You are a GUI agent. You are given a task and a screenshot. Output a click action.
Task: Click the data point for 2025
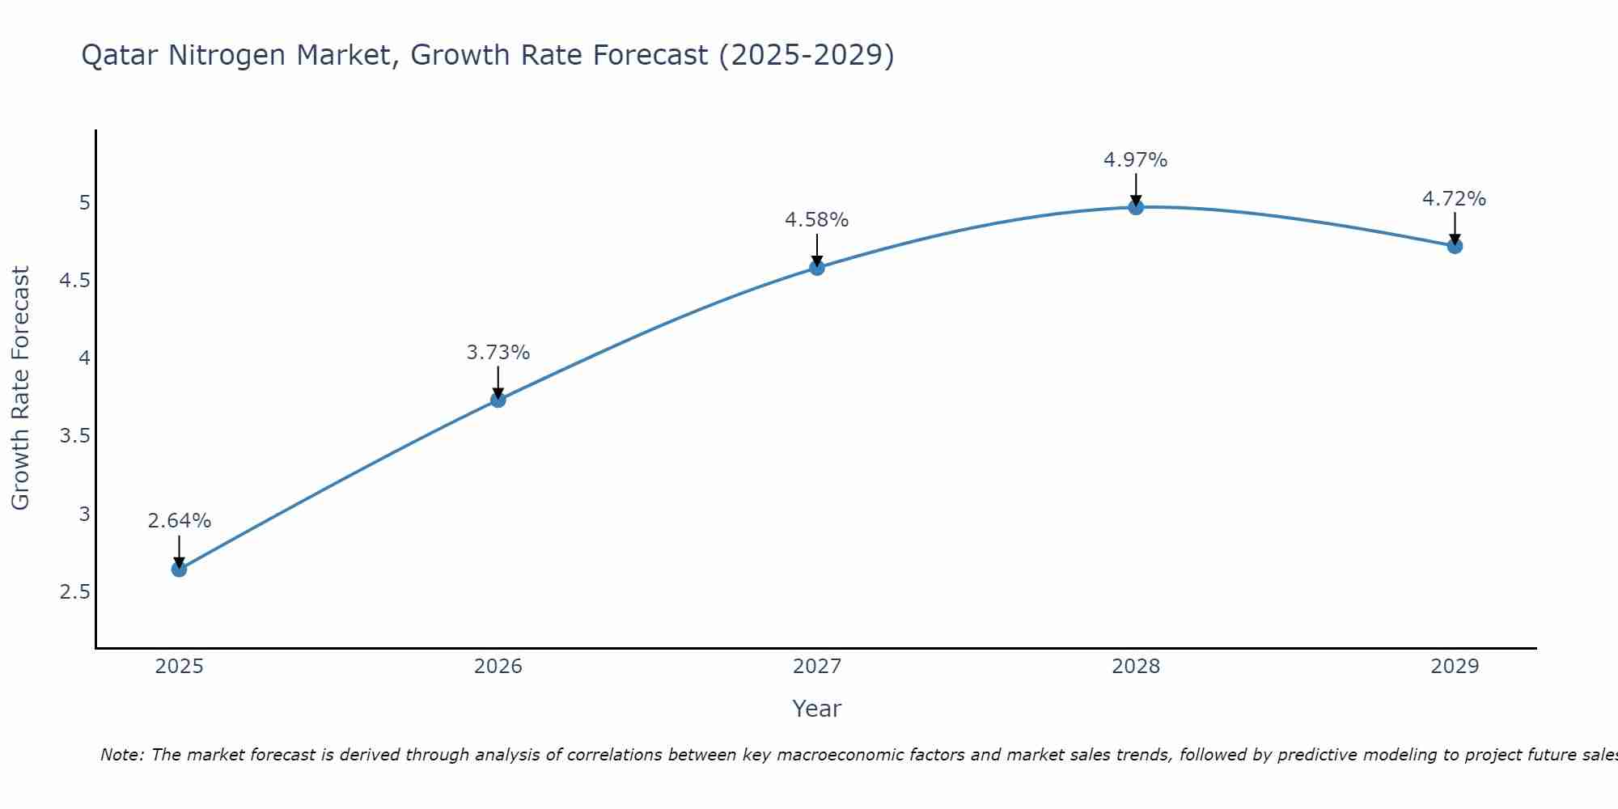179,570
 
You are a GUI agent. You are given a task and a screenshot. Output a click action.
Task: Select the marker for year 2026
498,400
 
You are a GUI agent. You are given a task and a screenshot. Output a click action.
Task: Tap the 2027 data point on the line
817,268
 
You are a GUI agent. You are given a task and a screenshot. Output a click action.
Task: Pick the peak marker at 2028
1136,207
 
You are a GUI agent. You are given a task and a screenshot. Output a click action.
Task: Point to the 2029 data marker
1455,246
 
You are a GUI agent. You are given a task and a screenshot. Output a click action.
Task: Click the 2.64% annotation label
179,521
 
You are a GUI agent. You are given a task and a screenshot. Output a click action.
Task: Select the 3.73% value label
498,353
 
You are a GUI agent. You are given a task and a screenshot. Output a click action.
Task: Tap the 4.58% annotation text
817,220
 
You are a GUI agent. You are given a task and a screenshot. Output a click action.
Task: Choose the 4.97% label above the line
1136,160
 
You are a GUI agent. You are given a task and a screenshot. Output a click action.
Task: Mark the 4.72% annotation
1455,199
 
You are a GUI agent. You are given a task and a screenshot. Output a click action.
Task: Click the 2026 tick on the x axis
498,667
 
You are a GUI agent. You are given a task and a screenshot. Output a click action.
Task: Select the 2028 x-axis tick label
1136,667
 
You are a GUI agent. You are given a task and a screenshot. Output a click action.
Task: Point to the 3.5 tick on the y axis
74,437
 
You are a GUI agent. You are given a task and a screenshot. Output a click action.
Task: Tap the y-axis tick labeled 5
84,203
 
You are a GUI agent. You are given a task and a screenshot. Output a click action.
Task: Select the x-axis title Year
817,709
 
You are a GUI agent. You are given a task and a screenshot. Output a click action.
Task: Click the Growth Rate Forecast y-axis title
20,388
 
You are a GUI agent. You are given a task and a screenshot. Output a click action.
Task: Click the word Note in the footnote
121,755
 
